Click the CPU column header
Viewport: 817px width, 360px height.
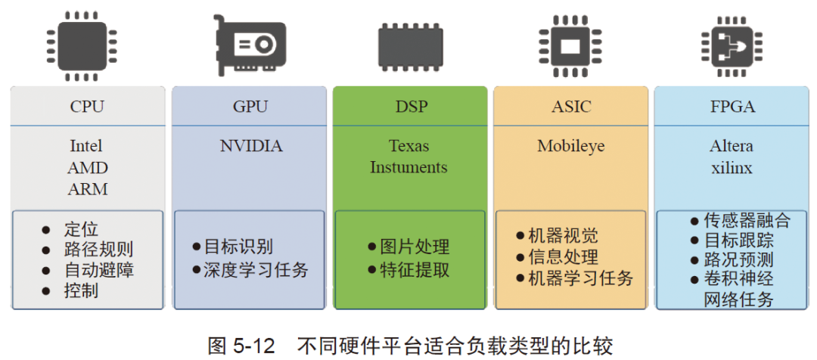click(87, 107)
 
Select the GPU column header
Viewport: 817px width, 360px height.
click(250, 107)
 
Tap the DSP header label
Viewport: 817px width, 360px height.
click(410, 107)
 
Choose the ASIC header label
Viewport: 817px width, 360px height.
click(571, 107)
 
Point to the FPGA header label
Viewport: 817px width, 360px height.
click(732, 107)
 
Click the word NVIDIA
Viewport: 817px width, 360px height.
click(250, 146)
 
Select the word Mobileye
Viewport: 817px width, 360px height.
click(571, 146)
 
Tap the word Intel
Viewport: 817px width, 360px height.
click(86, 146)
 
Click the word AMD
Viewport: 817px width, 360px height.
click(87, 168)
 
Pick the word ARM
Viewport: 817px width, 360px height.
click(87, 189)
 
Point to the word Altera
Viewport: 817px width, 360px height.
click(732, 146)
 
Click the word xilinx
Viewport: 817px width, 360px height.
click(732, 168)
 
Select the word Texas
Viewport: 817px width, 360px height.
click(409, 146)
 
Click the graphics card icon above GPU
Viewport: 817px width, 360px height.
click(250, 46)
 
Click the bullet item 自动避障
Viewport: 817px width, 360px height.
click(99, 270)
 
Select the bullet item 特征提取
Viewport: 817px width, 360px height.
click(415, 270)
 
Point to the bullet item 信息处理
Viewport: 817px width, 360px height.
click(563, 257)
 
